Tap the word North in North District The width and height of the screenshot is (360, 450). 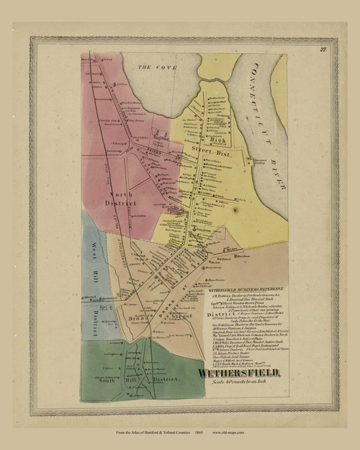point(120,194)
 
